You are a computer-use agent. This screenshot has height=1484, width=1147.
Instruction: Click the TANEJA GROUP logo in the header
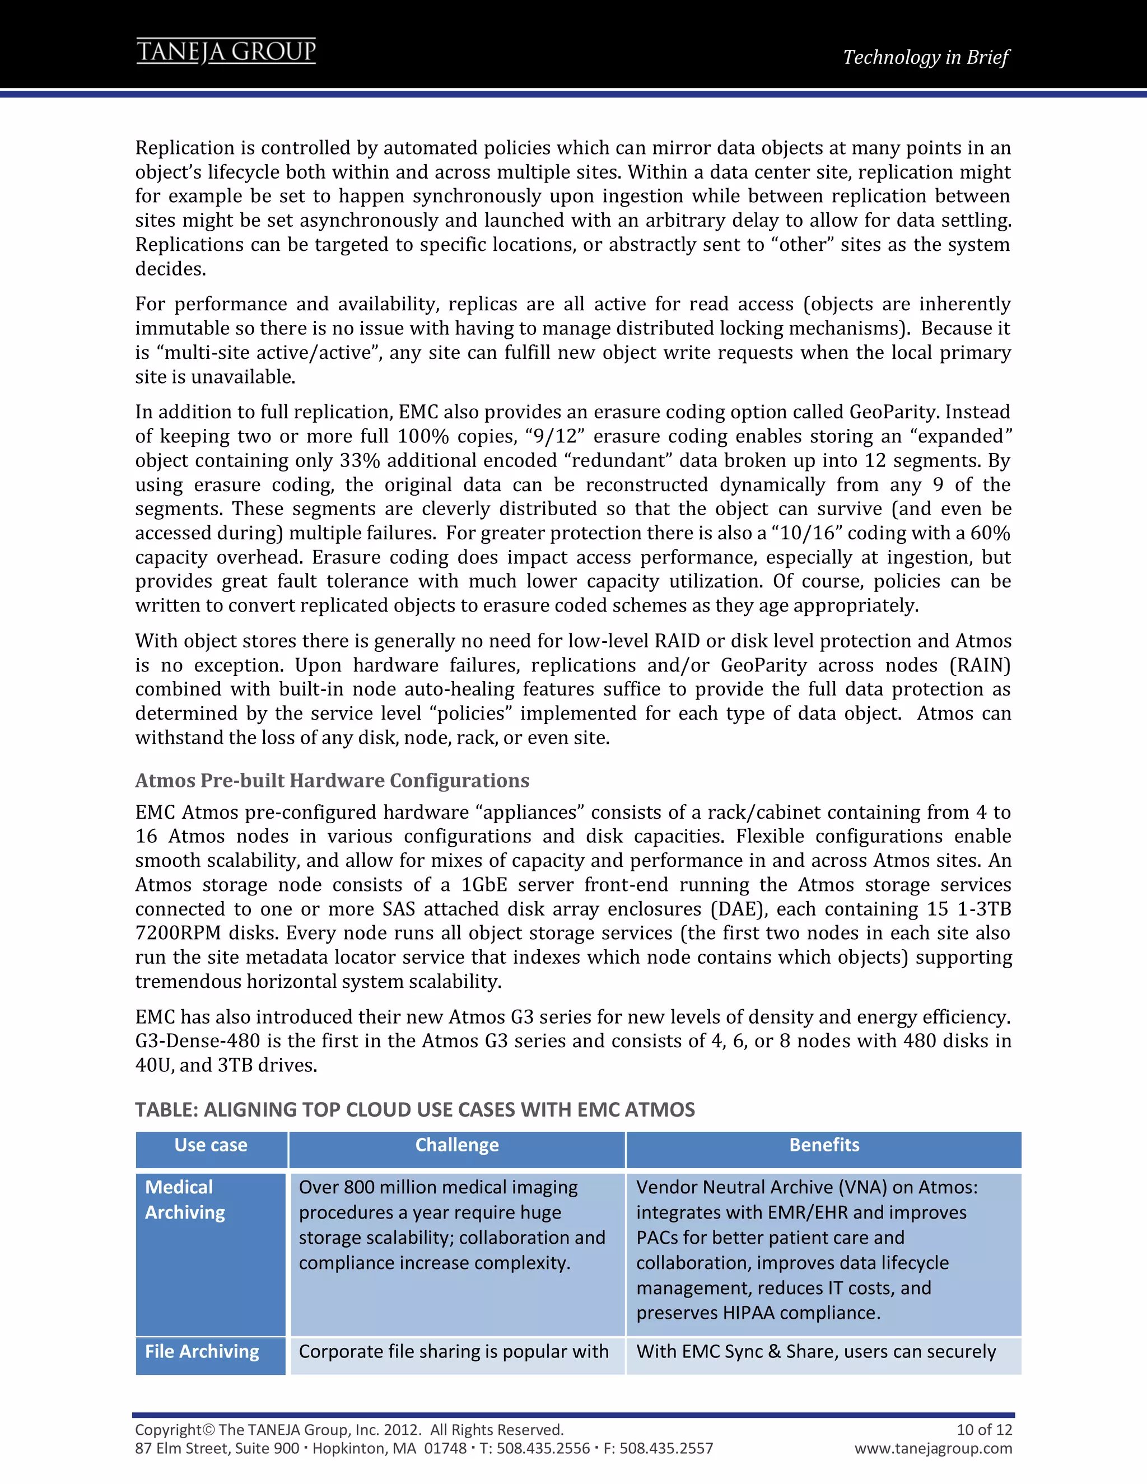pyautogui.click(x=226, y=52)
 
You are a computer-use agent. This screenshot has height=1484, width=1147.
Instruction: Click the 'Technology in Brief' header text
pyautogui.click(x=925, y=57)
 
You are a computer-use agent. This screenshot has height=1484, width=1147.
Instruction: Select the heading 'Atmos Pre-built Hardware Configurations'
pyautogui.click(x=332, y=780)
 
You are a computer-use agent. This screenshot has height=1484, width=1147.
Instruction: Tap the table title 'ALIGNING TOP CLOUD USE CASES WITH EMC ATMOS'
pyautogui.click(x=414, y=1109)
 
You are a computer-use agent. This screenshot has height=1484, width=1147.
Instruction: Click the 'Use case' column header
pyautogui.click(x=211, y=1145)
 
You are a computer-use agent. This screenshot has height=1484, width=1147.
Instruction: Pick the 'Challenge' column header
pyautogui.click(x=456, y=1145)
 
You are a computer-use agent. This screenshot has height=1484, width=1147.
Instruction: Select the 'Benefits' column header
pyautogui.click(x=823, y=1145)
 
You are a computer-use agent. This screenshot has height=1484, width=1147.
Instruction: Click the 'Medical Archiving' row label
pyautogui.click(x=185, y=1200)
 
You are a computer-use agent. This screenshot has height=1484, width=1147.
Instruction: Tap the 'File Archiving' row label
pyautogui.click(x=202, y=1351)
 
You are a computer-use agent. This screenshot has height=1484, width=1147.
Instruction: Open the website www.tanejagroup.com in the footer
pyautogui.click(x=933, y=1448)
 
